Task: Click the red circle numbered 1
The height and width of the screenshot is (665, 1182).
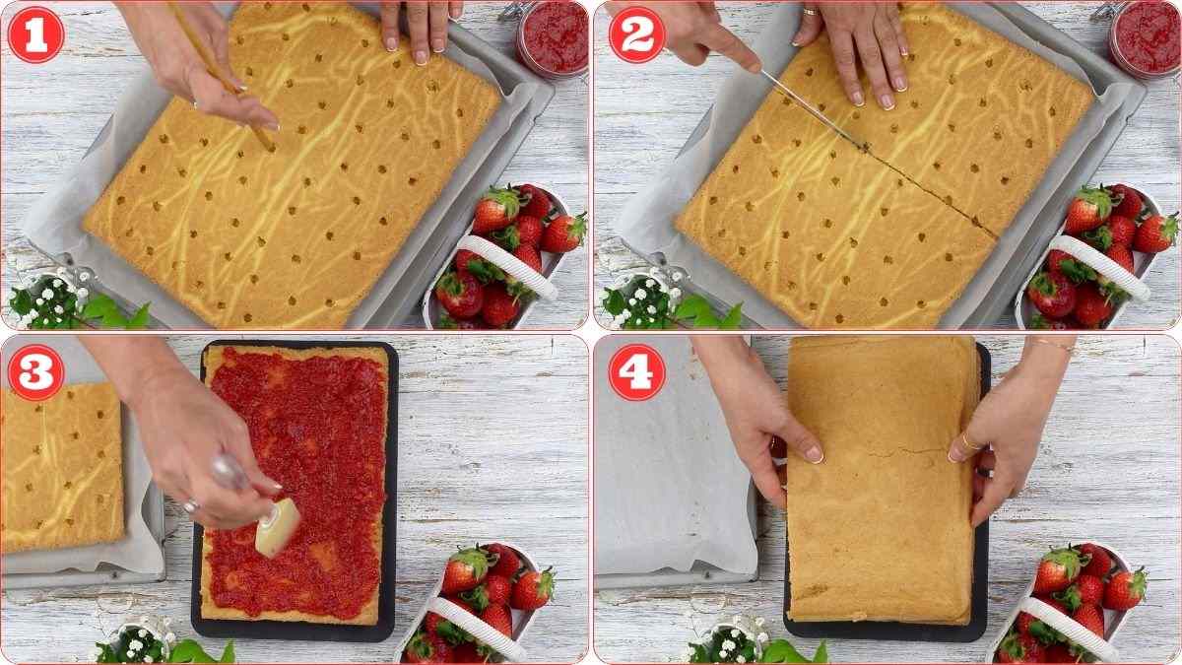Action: (x=35, y=34)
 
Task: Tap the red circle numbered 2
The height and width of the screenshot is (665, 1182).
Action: (x=636, y=34)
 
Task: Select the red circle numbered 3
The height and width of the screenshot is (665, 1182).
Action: (x=35, y=372)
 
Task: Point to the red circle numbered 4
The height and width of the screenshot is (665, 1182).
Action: (x=636, y=372)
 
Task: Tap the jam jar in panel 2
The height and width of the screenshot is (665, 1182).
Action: (x=1145, y=37)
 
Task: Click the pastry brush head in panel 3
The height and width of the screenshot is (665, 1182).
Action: (x=275, y=526)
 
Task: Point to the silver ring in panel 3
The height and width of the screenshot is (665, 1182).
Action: (x=191, y=505)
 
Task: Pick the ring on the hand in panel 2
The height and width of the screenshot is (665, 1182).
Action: (x=811, y=13)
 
